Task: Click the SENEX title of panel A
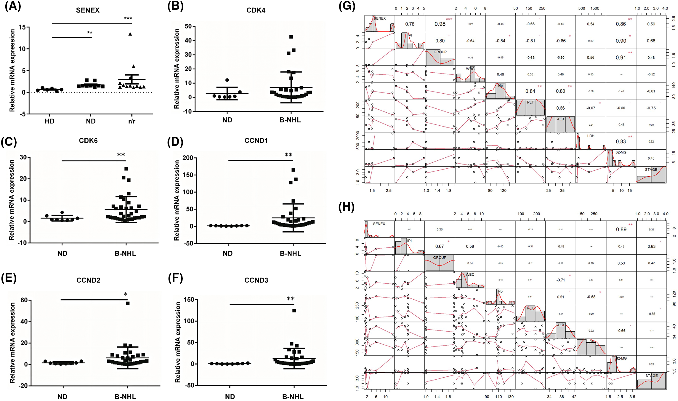coord(88,10)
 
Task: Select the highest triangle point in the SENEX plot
coord(130,34)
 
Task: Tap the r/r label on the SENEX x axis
coord(132,121)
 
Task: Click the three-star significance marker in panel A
coord(128,19)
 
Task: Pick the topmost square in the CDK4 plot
coord(291,37)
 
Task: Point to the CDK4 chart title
coord(256,10)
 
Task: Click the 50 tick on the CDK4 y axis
coord(188,26)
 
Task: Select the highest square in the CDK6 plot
coord(126,169)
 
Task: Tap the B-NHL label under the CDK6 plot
coord(125,254)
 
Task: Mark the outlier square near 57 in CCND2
coord(128,303)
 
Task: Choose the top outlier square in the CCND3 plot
coord(294,311)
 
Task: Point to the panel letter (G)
coord(347,7)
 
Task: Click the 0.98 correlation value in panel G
coord(440,24)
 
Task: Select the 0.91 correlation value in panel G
coord(621,57)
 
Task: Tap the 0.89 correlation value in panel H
coord(621,229)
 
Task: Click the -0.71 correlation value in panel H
coord(560,280)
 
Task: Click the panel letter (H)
coord(346,207)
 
